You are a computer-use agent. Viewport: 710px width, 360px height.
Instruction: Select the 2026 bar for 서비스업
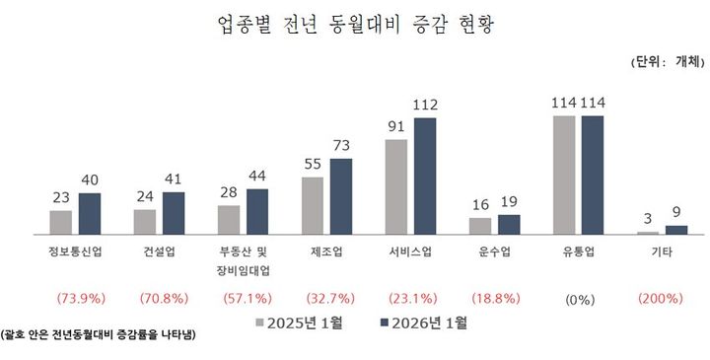coord(425,176)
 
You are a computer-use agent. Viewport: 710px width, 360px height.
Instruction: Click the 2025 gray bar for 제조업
coord(313,205)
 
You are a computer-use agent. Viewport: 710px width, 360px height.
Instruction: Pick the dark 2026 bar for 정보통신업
coord(90,213)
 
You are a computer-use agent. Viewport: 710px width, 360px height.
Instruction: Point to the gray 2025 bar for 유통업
coord(564,175)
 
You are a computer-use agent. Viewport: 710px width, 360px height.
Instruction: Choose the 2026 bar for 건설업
coord(174,212)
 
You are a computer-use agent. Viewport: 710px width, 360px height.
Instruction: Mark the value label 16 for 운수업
coord(480,205)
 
